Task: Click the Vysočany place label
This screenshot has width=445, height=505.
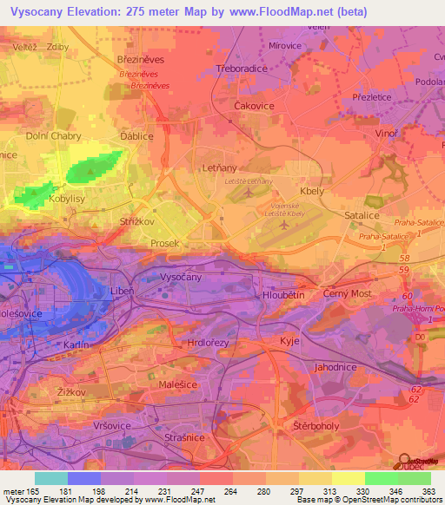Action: pyautogui.click(x=182, y=276)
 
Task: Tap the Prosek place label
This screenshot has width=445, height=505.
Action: pyautogui.click(x=164, y=243)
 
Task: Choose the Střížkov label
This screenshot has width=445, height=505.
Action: pyautogui.click(x=136, y=222)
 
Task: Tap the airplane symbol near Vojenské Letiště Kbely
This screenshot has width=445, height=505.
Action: pyautogui.click(x=284, y=225)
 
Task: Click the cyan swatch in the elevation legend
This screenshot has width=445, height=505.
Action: pyautogui.click(x=50, y=478)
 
